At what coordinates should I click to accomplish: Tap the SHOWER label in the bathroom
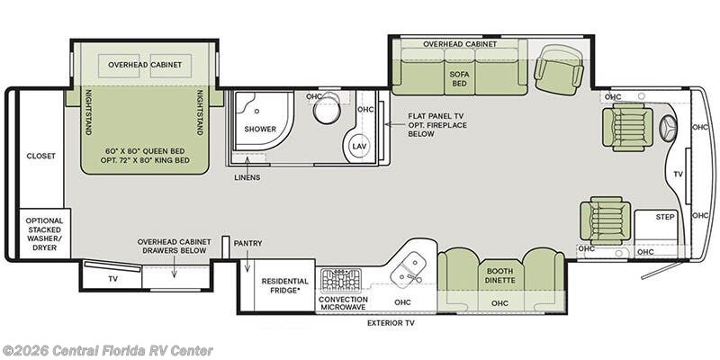tap(260, 129)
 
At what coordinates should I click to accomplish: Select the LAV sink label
tap(357, 146)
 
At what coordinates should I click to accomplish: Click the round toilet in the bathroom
tap(327, 108)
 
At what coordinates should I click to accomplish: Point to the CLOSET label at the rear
tap(40, 156)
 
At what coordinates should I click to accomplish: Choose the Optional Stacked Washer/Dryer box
tap(44, 234)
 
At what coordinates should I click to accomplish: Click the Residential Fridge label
tap(284, 285)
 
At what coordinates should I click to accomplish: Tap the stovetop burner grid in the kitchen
tap(341, 281)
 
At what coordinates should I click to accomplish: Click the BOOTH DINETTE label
tap(501, 275)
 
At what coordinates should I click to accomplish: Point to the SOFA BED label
tap(459, 79)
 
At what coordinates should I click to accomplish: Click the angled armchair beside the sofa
tap(558, 70)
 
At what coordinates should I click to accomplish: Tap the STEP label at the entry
tap(665, 217)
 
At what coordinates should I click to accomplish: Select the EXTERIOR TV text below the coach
tap(391, 323)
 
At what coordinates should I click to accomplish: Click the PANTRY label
tap(247, 243)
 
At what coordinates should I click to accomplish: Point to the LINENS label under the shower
tap(247, 177)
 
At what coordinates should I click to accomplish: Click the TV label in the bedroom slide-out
tap(112, 279)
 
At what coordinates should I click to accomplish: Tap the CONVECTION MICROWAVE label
tap(343, 303)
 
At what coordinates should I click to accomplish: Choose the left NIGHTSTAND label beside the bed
tap(88, 112)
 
